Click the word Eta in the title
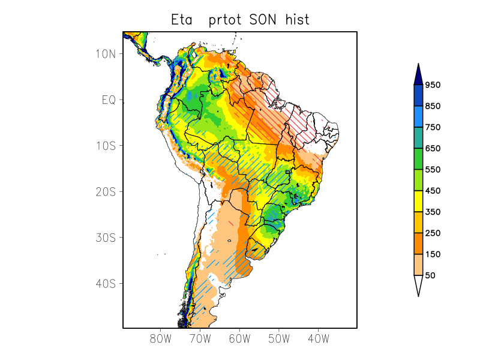click(183, 20)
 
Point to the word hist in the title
click(298, 20)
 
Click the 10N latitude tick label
click(106, 54)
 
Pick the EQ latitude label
click(109, 100)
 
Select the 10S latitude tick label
click(106, 146)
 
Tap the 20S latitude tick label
click(106, 191)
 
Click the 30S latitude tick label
click(106, 238)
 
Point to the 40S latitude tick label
click(106, 283)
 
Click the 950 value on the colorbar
click(433, 85)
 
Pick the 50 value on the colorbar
click(430, 275)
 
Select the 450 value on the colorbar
click(433, 191)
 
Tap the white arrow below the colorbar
click(418, 285)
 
